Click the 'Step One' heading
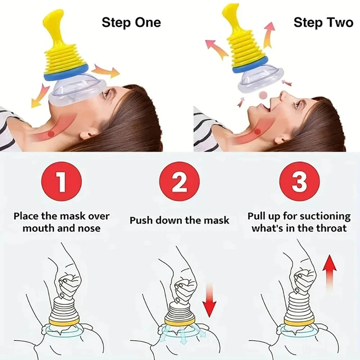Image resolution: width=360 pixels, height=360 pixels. coord(131,22)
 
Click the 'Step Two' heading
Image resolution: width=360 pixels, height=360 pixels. coord(323,22)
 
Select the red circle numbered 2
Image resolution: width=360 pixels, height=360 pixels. coord(179,181)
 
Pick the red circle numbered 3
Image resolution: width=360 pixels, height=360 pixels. coord(299,181)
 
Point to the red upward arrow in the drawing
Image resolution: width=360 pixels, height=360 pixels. coord(329,270)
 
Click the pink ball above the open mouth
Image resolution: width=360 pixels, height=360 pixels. coord(264,95)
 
